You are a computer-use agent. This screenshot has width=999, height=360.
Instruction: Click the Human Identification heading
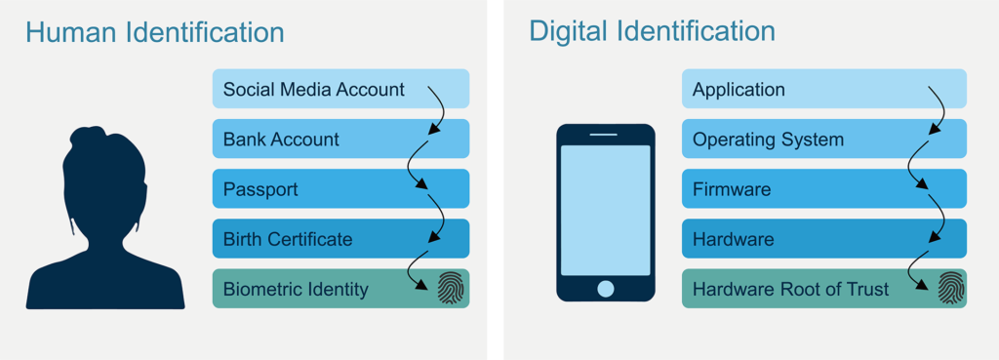154,32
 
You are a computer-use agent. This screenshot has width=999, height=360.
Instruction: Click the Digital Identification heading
652,30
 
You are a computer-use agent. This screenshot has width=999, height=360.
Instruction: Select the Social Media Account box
314,90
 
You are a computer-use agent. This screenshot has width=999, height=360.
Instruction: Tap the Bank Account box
282,140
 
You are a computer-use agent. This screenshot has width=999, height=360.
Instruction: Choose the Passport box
260,189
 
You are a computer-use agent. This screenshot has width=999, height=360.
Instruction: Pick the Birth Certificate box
288,239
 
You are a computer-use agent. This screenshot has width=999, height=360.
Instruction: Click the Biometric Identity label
296,289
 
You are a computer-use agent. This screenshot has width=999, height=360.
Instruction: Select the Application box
739,90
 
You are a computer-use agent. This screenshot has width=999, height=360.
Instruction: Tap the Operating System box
768,140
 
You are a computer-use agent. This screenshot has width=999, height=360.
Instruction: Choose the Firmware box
732,189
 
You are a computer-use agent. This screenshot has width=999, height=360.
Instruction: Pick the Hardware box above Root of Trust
733,239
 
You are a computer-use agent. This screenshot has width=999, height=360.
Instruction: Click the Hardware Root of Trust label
790,289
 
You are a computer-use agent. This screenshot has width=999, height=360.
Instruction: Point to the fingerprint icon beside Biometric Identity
450,289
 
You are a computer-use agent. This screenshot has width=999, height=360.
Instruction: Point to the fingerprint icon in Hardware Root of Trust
950,289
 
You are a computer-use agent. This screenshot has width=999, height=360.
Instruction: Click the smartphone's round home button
606,289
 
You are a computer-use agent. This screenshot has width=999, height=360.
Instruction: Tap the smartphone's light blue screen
605,210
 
